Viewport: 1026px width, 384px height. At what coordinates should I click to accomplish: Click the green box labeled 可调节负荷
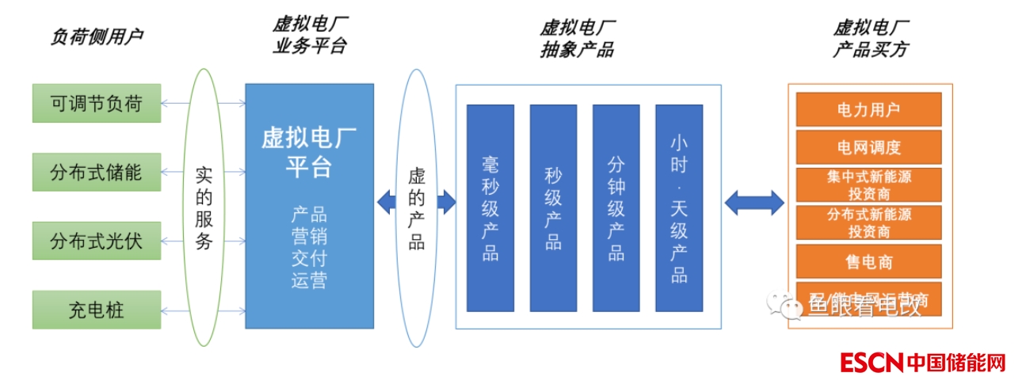(x=96, y=103)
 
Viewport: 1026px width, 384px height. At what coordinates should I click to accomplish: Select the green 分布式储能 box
(x=96, y=172)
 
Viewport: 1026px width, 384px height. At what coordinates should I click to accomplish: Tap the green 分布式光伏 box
(x=96, y=241)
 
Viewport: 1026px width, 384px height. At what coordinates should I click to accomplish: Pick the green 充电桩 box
(x=96, y=309)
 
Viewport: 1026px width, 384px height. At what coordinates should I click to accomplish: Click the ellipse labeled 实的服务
(x=204, y=207)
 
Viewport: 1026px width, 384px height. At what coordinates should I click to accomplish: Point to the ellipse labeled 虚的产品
(x=417, y=207)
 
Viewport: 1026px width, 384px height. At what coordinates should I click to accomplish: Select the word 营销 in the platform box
(x=308, y=236)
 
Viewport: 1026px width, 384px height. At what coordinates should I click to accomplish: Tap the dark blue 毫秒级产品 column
(x=490, y=207)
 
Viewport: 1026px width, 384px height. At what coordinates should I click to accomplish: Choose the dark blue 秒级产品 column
(x=553, y=207)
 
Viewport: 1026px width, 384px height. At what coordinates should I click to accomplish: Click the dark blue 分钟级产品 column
(x=616, y=207)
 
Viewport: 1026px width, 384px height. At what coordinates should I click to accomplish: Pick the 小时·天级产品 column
(x=679, y=207)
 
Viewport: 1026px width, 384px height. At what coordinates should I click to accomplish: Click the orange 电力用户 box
(x=868, y=109)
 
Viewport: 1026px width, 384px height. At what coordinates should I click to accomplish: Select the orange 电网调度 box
(x=868, y=147)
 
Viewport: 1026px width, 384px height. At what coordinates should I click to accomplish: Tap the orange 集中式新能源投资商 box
(x=868, y=184)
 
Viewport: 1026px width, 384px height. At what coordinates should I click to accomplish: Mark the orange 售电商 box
(x=868, y=261)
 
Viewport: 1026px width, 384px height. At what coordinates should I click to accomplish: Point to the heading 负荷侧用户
(x=97, y=36)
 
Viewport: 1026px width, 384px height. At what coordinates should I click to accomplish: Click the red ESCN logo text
(x=872, y=363)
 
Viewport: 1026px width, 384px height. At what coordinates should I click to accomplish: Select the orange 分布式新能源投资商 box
(x=868, y=222)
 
